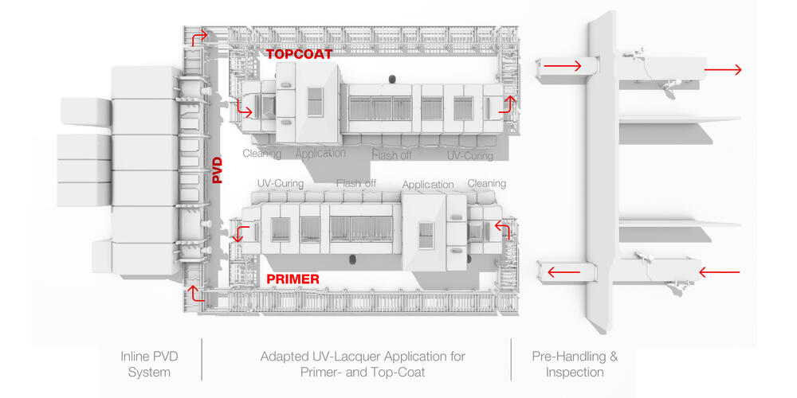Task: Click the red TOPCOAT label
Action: pos(299,55)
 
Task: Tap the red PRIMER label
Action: pos(292,279)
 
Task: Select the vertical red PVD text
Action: pos(217,170)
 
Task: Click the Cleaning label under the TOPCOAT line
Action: pos(261,154)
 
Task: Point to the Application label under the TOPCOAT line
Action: pos(320,153)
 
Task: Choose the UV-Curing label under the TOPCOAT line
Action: pos(469,156)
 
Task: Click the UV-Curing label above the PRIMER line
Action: pos(280,183)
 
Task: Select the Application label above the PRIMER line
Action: pos(428,185)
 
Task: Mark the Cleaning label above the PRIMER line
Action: pos(486,183)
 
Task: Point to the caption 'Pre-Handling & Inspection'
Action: pos(575,364)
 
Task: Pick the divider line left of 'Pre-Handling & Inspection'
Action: pos(511,360)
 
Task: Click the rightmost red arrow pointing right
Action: pos(723,69)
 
